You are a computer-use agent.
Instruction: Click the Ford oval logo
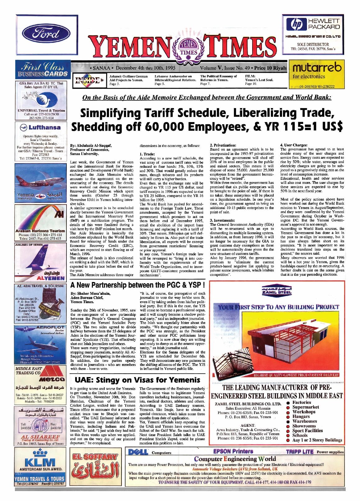[x=46, y=33]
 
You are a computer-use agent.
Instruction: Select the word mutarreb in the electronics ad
[x=317, y=67]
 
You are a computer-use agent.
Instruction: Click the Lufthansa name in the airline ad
[x=44, y=127]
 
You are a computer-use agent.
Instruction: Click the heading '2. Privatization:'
[x=223, y=145]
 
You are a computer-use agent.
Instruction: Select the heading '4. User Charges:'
[x=294, y=145]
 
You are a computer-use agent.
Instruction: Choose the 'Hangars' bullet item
[x=301, y=417]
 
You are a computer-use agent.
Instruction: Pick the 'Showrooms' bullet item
[x=304, y=426]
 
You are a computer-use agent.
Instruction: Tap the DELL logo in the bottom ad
[x=138, y=452]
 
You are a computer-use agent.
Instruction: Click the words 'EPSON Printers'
[x=233, y=451]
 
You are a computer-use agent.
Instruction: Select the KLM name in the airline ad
[x=40, y=462]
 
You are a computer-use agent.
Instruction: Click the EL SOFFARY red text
[x=95, y=457]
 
